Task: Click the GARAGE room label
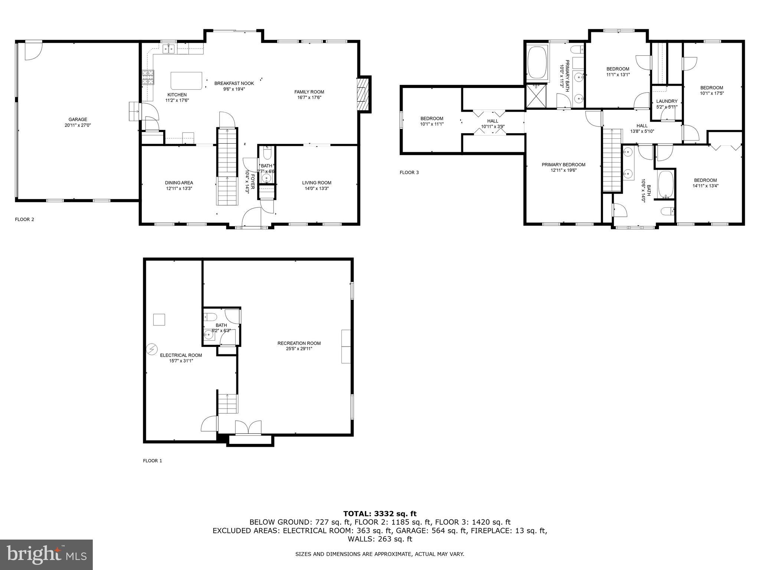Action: click(x=78, y=119)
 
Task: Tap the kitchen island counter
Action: click(x=186, y=81)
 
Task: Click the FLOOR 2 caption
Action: click(x=24, y=219)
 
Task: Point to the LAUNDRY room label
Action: click(x=666, y=101)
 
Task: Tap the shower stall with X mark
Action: click(x=536, y=96)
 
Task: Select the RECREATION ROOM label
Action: click(x=299, y=343)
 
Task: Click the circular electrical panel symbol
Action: click(x=152, y=349)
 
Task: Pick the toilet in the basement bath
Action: click(x=210, y=317)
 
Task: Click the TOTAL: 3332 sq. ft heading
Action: click(x=380, y=514)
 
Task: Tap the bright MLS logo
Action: click(x=46, y=554)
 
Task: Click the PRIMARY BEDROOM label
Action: click(x=563, y=165)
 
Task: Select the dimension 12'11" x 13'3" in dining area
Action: click(x=179, y=188)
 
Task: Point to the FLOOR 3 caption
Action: click(x=409, y=173)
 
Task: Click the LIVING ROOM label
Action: click(x=317, y=183)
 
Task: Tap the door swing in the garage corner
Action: click(x=33, y=51)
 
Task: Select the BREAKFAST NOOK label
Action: click(x=229, y=83)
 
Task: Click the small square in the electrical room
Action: click(x=159, y=320)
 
